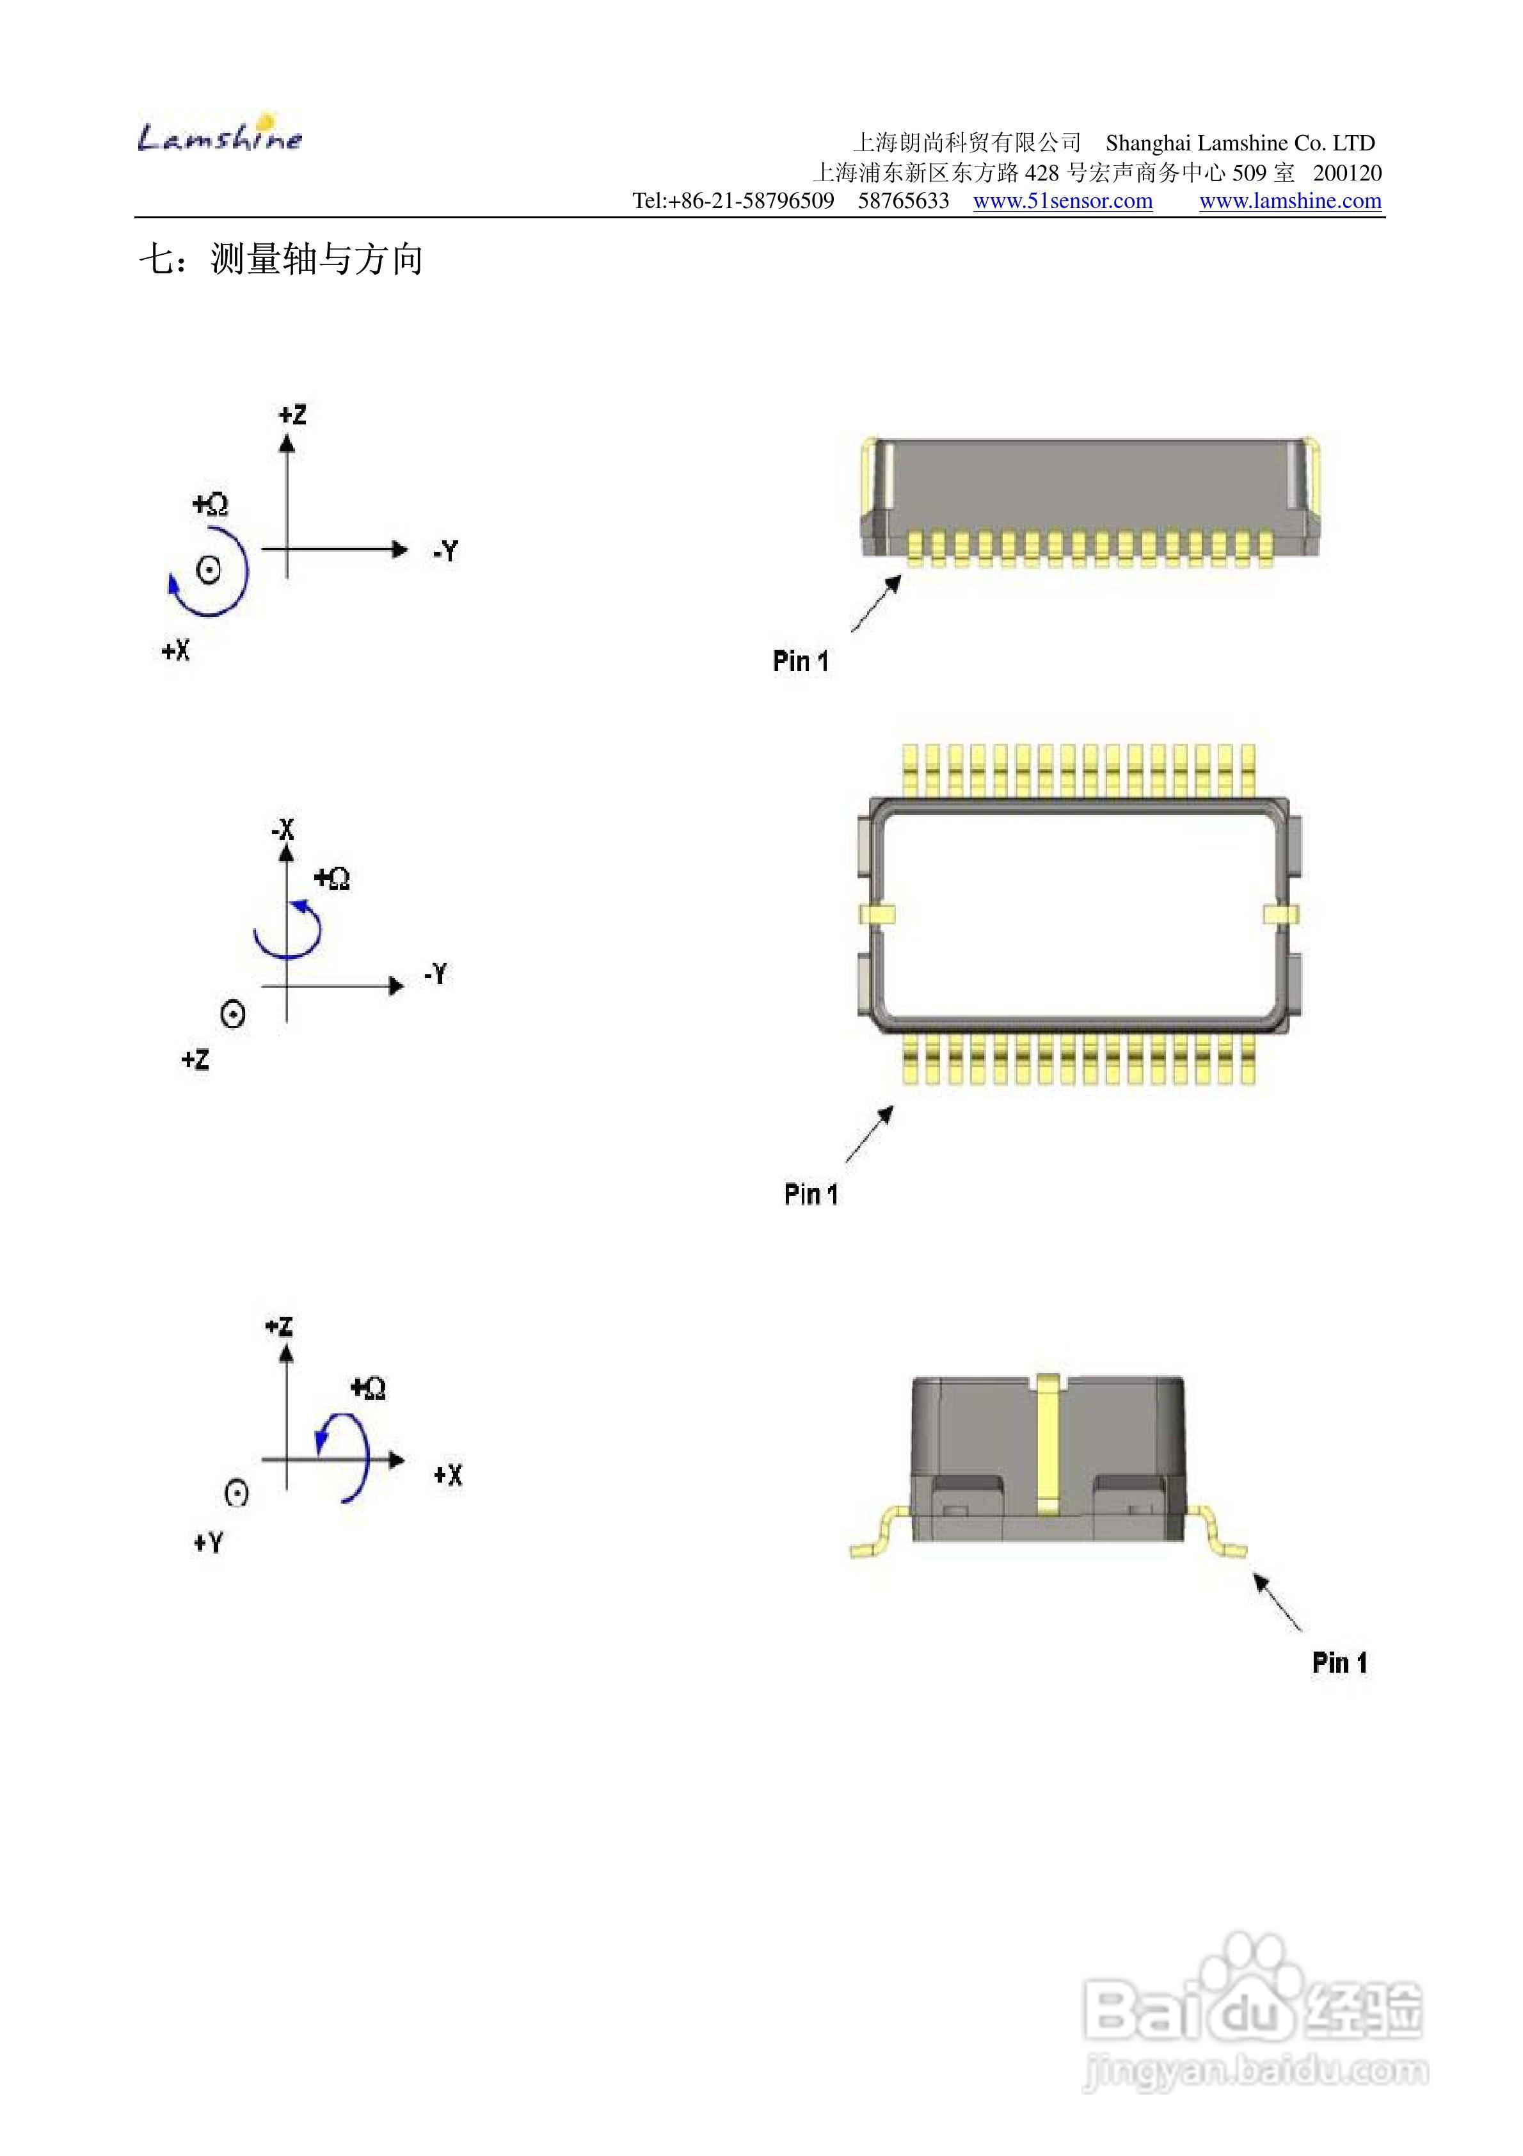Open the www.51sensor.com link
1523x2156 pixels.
(x=1062, y=201)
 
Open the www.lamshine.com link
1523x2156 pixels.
(x=1290, y=201)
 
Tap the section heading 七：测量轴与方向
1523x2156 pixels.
(x=282, y=259)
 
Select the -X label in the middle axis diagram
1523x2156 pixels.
(x=283, y=829)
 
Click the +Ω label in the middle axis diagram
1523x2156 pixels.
(x=331, y=878)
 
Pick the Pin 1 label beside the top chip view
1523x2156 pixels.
(x=800, y=661)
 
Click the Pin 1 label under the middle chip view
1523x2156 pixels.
(x=810, y=1195)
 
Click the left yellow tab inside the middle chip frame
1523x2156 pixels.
(x=877, y=913)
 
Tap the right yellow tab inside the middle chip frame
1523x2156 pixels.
(x=1282, y=913)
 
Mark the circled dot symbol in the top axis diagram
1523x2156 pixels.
(x=209, y=569)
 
